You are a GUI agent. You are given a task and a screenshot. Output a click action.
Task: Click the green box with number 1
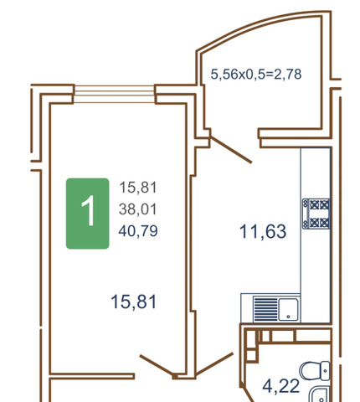[x=87, y=214]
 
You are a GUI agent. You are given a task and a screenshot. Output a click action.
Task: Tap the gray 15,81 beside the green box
[x=138, y=188]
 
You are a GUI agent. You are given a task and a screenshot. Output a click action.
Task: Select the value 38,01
[x=138, y=209]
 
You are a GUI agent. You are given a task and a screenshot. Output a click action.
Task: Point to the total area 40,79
[x=138, y=231]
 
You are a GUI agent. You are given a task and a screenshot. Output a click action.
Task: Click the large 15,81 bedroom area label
[x=134, y=302]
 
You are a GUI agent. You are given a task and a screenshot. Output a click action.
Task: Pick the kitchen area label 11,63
[x=263, y=231]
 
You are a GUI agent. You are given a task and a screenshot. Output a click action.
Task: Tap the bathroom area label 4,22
[x=281, y=386]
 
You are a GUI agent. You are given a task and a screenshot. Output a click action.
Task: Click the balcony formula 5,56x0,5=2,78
[x=256, y=75]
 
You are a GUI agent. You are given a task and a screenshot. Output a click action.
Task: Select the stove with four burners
[x=316, y=214]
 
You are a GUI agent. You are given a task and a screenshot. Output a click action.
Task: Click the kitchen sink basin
[x=288, y=309]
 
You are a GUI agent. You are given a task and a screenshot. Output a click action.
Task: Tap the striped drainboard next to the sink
[x=265, y=309]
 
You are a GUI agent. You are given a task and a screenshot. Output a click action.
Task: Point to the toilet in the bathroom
[x=315, y=371]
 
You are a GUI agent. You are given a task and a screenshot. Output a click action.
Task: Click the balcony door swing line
[x=231, y=149]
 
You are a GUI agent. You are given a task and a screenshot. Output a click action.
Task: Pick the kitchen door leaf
[x=214, y=364]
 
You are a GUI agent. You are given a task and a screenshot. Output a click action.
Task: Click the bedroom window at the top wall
[x=115, y=94]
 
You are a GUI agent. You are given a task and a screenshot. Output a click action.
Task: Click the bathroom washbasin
[x=320, y=394]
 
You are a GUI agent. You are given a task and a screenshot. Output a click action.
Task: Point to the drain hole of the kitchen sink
[x=288, y=317]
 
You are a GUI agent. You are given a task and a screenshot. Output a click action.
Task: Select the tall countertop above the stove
[x=316, y=173]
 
